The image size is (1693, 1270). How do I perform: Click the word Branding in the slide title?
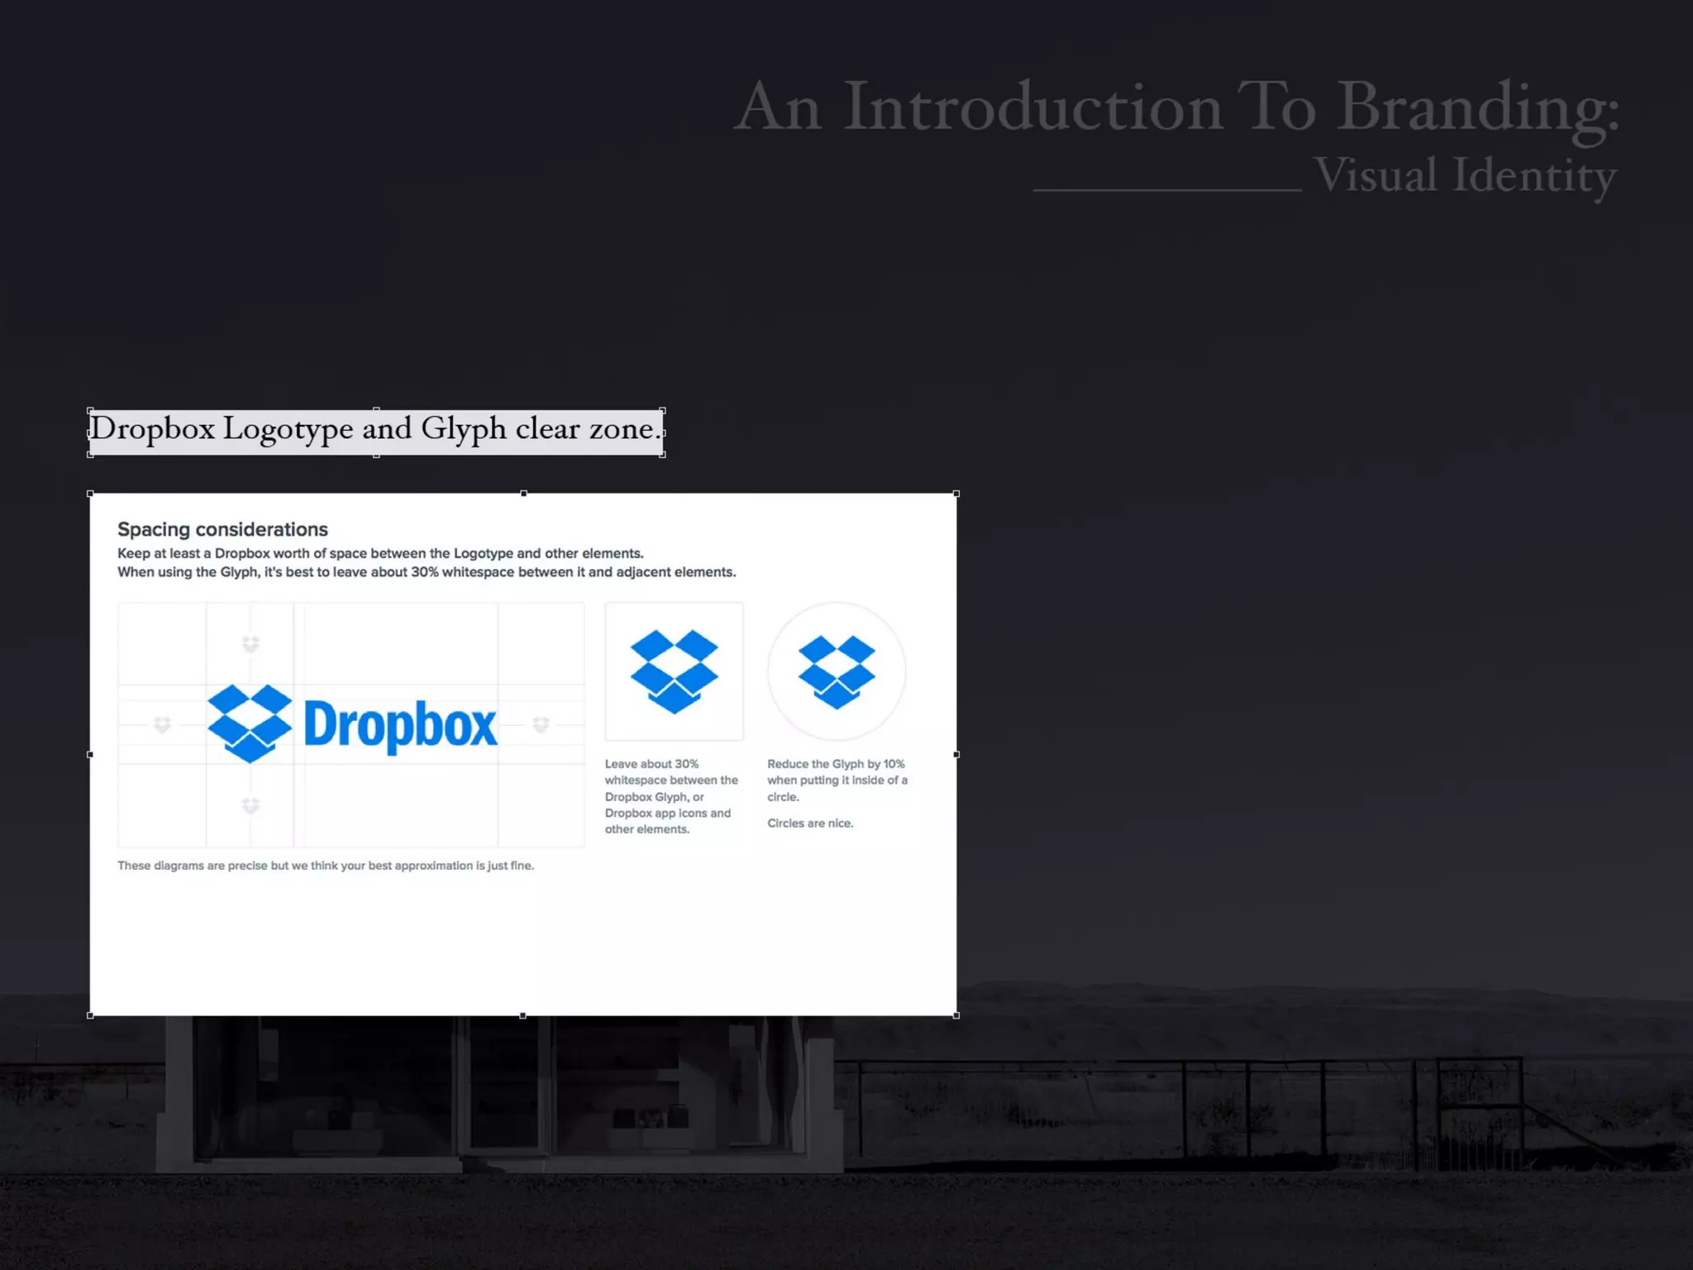[1477, 107]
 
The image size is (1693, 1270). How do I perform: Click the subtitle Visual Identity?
[1464, 175]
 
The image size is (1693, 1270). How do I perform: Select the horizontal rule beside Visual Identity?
[1166, 190]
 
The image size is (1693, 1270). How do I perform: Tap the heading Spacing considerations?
[222, 529]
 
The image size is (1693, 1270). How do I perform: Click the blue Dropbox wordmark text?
[401, 725]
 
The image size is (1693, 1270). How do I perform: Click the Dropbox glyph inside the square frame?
[674, 671]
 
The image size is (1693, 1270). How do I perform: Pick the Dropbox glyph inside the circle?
[837, 671]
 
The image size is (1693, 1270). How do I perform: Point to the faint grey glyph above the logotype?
[250, 644]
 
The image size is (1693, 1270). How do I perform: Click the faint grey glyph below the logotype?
[250, 804]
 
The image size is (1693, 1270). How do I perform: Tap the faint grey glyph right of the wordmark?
[541, 725]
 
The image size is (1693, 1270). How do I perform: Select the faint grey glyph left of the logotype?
[162, 725]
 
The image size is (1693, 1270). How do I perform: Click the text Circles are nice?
[809, 824]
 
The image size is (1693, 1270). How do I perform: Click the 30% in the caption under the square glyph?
[686, 764]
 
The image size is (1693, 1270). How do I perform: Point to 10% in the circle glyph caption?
[894, 764]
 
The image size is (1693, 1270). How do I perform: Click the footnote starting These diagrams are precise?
[325, 866]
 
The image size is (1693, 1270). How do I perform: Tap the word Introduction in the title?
[1032, 107]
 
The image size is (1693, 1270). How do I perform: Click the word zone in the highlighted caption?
[621, 429]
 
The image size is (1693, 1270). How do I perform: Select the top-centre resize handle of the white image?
[523, 494]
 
